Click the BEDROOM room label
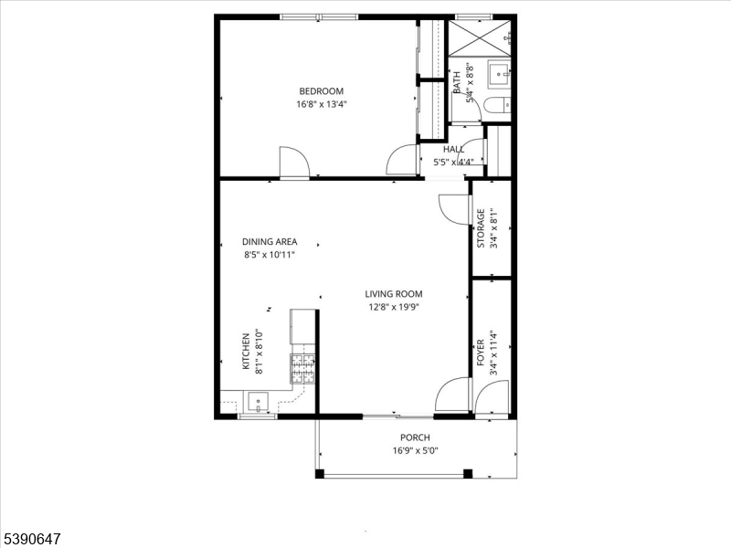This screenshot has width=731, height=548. click(321, 90)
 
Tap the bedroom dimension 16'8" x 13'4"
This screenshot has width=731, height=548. click(321, 104)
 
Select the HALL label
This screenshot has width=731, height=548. click(453, 149)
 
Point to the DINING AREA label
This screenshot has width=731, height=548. click(270, 242)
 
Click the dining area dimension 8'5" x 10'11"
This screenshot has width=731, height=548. click(270, 256)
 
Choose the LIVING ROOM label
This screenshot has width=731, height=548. click(394, 294)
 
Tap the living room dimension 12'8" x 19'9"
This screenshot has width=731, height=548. click(394, 308)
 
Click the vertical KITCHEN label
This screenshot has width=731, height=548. click(246, 353)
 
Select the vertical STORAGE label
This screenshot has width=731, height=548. click(482, 229)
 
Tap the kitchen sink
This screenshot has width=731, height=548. click(259, 400)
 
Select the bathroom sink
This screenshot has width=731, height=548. click(499, 73)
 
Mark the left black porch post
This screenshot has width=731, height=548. click(320, 474)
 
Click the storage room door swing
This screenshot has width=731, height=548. click(453, 209)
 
